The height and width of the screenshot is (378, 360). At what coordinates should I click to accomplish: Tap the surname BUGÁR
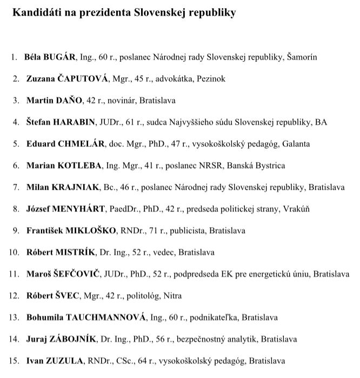[62, 57]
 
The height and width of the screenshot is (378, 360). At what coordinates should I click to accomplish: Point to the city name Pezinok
[211, 78]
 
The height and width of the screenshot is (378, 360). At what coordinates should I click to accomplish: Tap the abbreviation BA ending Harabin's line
[322, 122]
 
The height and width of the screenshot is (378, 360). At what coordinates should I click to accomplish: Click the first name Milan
[37, 187]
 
